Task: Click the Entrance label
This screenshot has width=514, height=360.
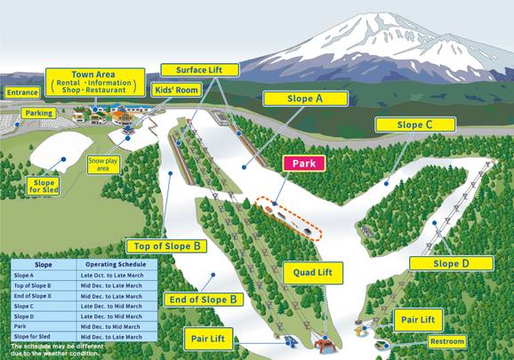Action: pos(21,92)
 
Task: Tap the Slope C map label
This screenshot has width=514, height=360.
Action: pos(415,125)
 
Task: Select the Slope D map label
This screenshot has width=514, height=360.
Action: pos(451,263)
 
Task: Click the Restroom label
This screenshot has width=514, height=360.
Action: pos(446,341)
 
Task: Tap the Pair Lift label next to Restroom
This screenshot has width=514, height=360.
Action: pos(417,318)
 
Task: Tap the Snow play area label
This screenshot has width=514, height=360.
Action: pos(103,164)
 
